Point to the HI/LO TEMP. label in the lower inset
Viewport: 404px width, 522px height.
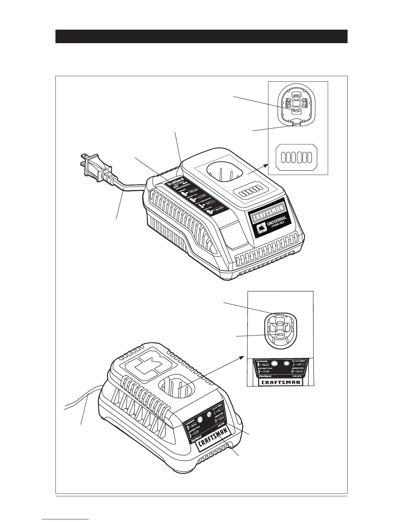coord(299,361)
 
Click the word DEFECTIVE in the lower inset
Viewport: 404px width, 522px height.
coord(300,368)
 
